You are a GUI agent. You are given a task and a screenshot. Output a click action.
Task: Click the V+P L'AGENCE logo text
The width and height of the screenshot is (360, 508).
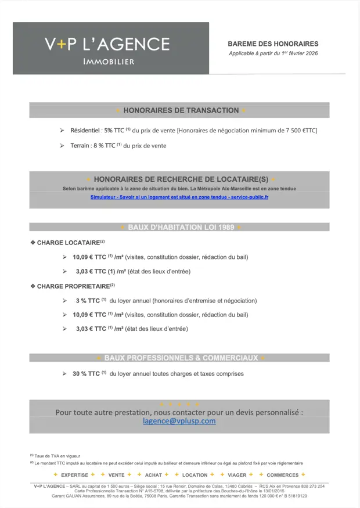click(107, 44)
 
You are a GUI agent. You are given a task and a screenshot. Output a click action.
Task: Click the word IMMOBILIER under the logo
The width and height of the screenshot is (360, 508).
click(109, 62)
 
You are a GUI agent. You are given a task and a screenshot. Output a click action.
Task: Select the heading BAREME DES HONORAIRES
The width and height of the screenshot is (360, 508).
click(273, 44)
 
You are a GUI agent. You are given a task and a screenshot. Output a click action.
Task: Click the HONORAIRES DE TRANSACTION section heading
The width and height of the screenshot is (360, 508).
click(181, 110)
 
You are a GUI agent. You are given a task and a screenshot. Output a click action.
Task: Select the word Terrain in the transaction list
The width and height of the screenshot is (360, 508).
click(80, 146)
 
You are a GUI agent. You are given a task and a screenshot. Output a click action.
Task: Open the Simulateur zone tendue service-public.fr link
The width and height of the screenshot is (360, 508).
click(179, 197)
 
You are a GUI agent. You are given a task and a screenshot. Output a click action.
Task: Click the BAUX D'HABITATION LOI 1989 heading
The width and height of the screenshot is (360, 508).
click(181, 227)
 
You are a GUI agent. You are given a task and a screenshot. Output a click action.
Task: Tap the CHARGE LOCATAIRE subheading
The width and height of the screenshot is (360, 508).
click(67, 243)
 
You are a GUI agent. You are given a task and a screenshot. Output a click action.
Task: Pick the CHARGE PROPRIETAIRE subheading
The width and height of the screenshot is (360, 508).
click(73, 286)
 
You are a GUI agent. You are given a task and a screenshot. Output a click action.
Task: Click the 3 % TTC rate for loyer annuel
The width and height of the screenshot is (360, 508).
click(88, 301)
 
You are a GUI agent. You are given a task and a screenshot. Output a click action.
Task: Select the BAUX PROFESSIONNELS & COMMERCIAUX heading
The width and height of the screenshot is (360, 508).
click(181, 358)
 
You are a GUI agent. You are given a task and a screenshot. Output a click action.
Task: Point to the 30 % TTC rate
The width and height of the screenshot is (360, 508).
click(87, 374)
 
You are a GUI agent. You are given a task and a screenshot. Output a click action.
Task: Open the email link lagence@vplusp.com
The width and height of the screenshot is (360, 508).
click(179, 421)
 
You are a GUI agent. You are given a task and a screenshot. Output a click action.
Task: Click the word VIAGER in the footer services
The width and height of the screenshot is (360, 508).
click(237, 475)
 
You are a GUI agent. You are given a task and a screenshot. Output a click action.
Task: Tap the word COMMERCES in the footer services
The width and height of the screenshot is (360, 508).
click(282, 475)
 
